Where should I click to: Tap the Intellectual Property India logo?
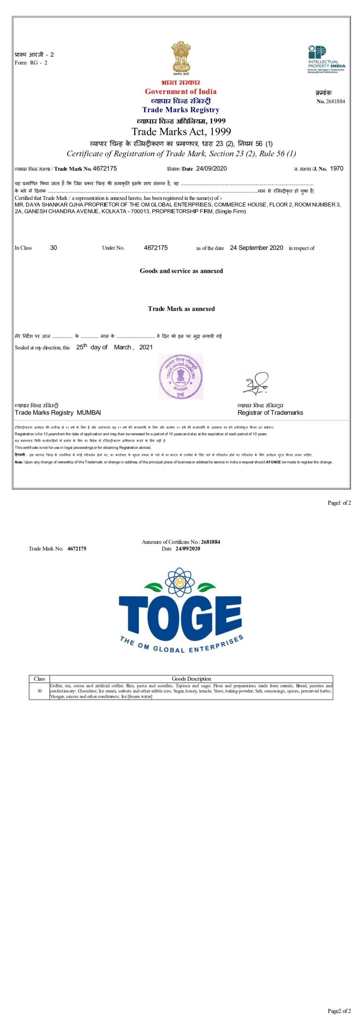[326, 59]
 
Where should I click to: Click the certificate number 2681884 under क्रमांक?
[335, 101]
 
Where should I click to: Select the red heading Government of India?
[180, 91]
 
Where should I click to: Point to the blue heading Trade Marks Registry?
[181, 110]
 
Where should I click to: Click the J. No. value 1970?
[337, 168]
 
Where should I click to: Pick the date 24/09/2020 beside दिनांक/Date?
[211, 168]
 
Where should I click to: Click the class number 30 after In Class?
[54, 248]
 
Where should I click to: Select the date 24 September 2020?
[256, 248]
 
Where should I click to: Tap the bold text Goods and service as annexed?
[181, 271]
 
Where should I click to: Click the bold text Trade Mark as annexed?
[181, 309]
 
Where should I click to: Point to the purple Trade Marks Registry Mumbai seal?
[181, 377]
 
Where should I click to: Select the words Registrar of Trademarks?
[270, 413]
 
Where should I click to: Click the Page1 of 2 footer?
[339, 503]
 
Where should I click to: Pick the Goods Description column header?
[191, 679]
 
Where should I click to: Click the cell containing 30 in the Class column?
[39, 691]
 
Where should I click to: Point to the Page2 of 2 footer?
[339, 1011]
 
